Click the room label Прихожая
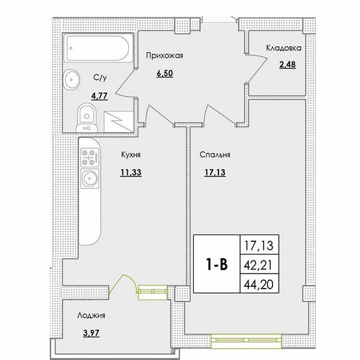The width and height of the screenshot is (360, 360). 164,56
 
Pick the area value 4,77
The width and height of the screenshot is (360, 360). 99,94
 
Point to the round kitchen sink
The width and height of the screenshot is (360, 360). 92,179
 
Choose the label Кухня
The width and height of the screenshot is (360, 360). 130,155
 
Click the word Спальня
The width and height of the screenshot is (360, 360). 215,155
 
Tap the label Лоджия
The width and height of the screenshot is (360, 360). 91,314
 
